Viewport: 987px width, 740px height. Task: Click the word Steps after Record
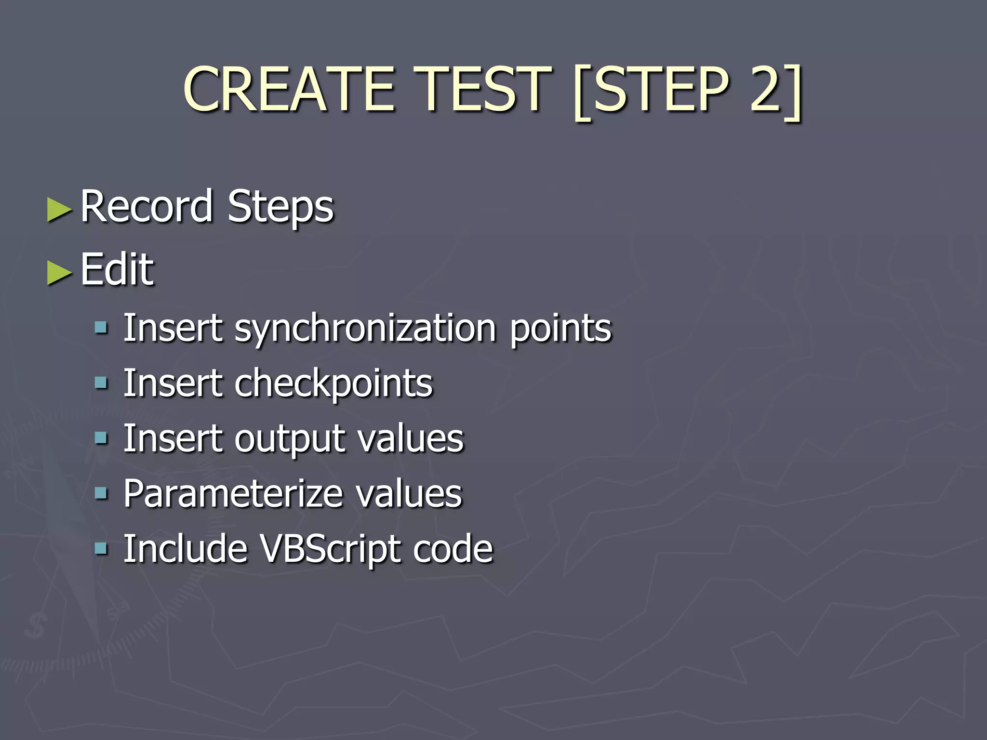click(x=280, y=207)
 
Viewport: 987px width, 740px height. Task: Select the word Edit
click(x=117, y=269)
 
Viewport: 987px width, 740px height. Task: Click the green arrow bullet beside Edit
click(x=60, y=273)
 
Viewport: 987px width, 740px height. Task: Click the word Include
click(x=185, y=549)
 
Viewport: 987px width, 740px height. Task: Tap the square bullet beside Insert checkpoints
click(x=101, y=383)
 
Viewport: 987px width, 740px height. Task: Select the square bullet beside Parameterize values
click(x=101, y=493)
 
